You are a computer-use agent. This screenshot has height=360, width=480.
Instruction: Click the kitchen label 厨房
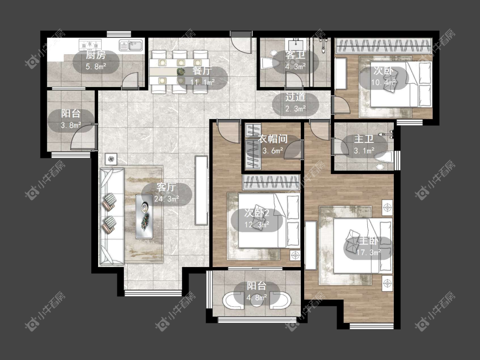(96, 55)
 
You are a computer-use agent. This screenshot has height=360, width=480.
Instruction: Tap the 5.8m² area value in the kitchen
(96, 67)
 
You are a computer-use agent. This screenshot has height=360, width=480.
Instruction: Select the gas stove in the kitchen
(90, 45)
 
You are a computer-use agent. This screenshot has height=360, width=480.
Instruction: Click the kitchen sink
(131, 45)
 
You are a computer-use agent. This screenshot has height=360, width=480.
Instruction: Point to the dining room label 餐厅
(202, 71)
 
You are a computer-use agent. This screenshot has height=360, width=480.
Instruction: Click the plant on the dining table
(181, 72)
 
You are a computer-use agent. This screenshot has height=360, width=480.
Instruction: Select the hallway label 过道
(295, 97)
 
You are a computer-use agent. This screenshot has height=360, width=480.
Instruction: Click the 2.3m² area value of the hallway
(295, 109)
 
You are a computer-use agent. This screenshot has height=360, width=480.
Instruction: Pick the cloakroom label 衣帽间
(273, 139)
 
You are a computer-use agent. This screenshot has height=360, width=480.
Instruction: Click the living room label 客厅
(166, 187)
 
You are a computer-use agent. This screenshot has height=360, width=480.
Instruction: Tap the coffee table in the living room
(145, 216)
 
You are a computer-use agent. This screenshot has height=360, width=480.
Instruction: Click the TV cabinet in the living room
(201, 190)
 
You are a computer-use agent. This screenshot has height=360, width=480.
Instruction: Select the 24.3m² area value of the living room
(166, 199)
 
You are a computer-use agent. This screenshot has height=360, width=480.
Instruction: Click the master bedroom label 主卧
(369, 241)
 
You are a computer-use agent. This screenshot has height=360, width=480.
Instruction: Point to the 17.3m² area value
(369, 253)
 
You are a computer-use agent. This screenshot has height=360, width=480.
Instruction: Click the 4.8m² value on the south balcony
(256, 298)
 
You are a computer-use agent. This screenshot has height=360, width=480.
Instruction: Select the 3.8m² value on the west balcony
(71, 125)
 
